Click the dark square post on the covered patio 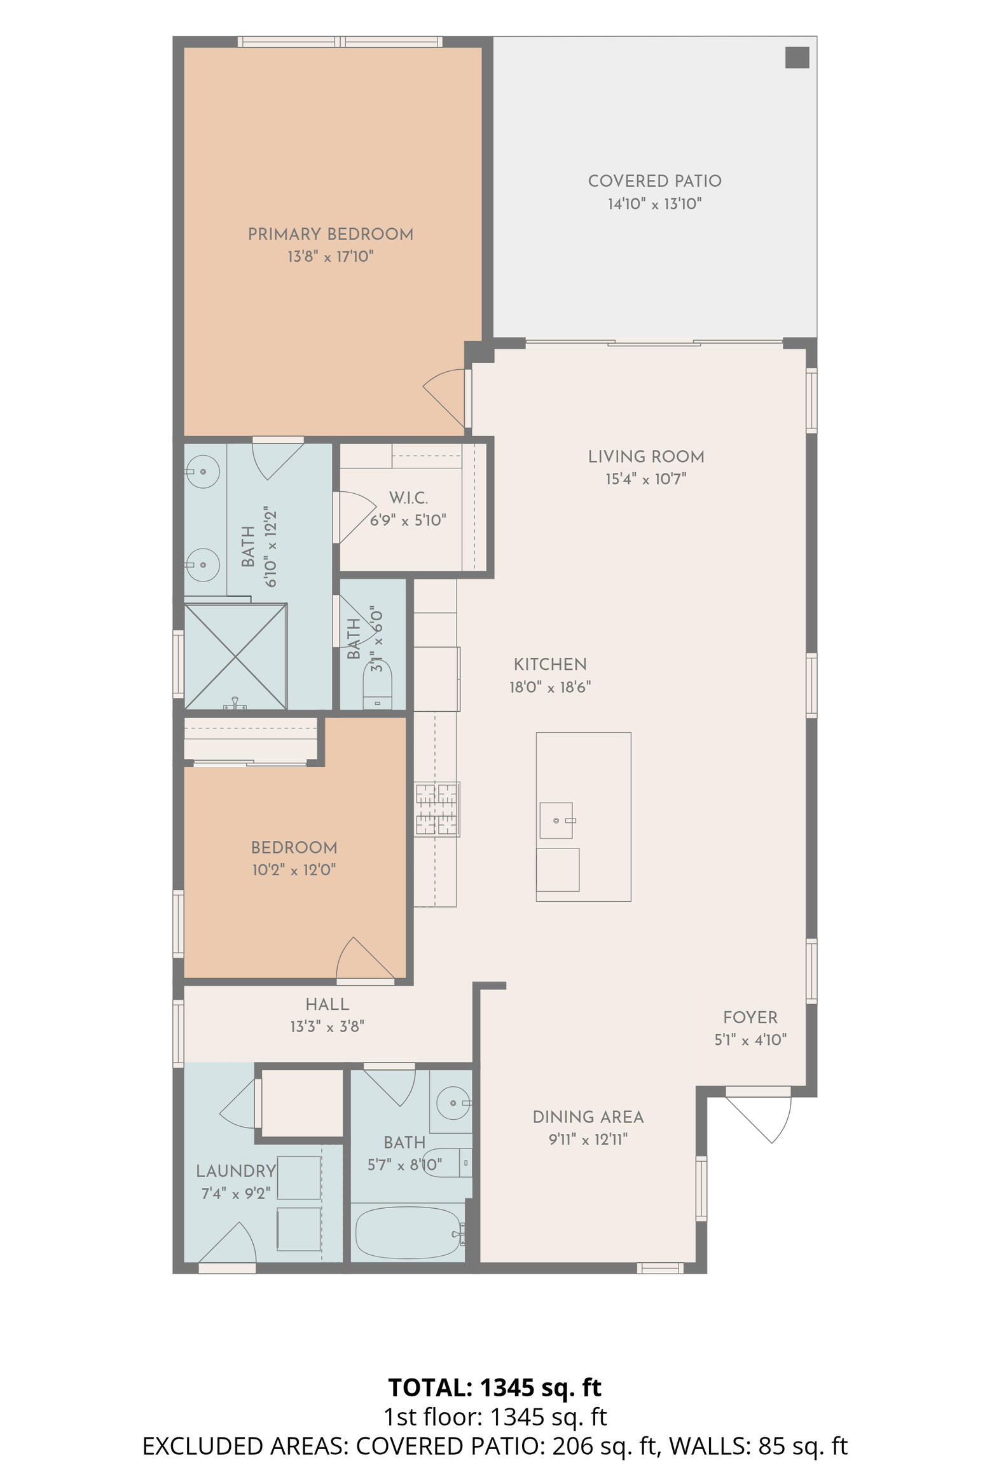pos(797,57)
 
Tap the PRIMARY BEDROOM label pos(331,235)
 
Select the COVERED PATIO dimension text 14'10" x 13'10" pos(654,204)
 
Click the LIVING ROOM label pos(646,457)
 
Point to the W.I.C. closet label pos(408,498)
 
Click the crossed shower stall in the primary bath pos(235,656)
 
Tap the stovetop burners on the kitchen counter pos(437,809)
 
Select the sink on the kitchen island pos(556,820)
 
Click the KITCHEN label pos(550,665)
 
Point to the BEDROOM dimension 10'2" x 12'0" pos(294,870)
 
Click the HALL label pos(327,1004)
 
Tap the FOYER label pos(750,1018)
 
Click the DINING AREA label pos(588,1117)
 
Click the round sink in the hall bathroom pos(453,1103)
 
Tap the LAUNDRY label pos(236,1171)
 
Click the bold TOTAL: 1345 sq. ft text pos(495,1387)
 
